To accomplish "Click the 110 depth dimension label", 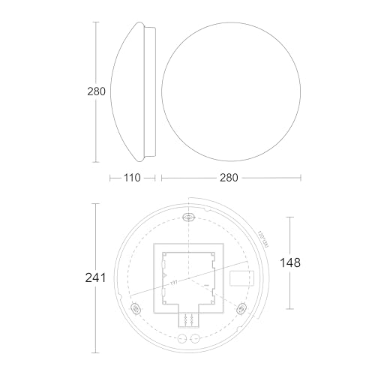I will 131,178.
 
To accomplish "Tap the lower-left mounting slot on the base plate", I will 136,307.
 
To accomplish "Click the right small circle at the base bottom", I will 196,337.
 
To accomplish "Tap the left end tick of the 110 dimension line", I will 103,178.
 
